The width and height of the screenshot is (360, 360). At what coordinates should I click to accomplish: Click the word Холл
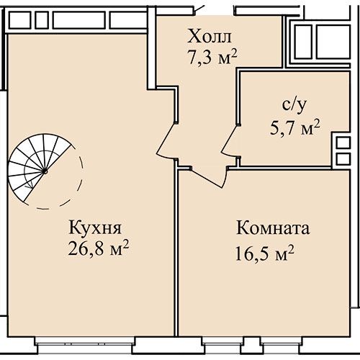point(210,37)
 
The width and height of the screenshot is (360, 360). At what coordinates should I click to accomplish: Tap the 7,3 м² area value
point(212,57)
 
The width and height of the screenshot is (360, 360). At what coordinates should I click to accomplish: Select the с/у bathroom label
point(294,106)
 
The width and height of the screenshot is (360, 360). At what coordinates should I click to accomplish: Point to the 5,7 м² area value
point(295,127)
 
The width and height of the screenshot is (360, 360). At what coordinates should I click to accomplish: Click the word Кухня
point(95,228)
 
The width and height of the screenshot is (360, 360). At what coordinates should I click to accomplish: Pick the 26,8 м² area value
point(99,248)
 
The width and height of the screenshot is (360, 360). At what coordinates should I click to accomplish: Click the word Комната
point(273,228)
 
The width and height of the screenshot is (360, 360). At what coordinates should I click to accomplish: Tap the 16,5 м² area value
point(264,253)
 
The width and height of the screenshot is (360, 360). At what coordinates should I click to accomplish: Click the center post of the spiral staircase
point(45,171)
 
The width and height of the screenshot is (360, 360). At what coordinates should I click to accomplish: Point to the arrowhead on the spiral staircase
point(30,186)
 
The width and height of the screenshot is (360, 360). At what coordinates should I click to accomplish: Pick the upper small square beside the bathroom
point(343,143)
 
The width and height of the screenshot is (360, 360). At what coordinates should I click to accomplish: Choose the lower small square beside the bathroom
point(343,159)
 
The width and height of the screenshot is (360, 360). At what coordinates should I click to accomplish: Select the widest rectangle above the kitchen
point(79,20)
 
